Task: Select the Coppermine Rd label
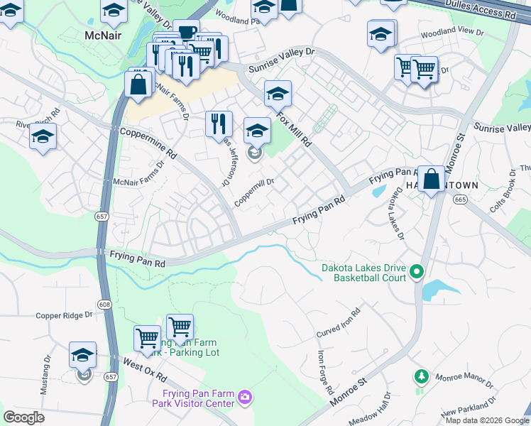[148, 143]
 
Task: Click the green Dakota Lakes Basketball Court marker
[417, 271]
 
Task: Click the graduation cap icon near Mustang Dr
[83, 354]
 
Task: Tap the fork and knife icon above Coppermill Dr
[219, 124]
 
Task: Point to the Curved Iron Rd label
[339, 323]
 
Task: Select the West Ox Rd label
[144, 370]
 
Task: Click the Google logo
[24, 417]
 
